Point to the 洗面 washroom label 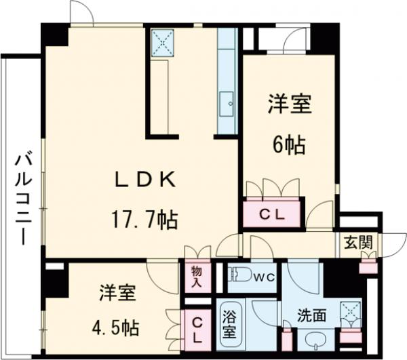311,315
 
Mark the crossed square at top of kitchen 163,43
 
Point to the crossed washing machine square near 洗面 350,312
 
